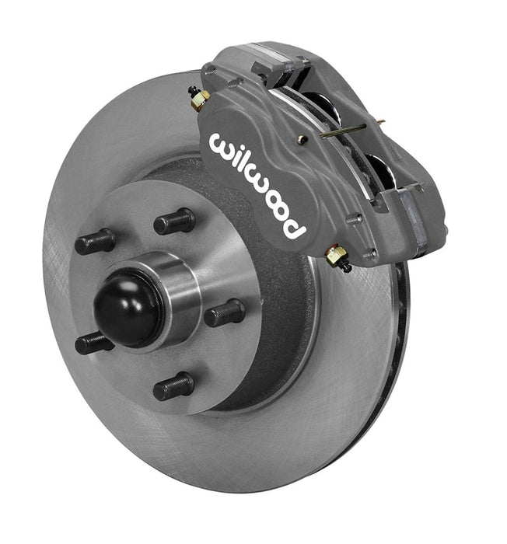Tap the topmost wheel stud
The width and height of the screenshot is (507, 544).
point(173,221)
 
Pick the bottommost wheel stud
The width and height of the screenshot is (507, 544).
point(173,386)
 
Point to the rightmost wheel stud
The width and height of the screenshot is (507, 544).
point(225,312)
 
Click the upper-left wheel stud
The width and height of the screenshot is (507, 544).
point(95,242)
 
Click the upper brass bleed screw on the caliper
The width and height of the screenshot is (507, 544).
point(200,97)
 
